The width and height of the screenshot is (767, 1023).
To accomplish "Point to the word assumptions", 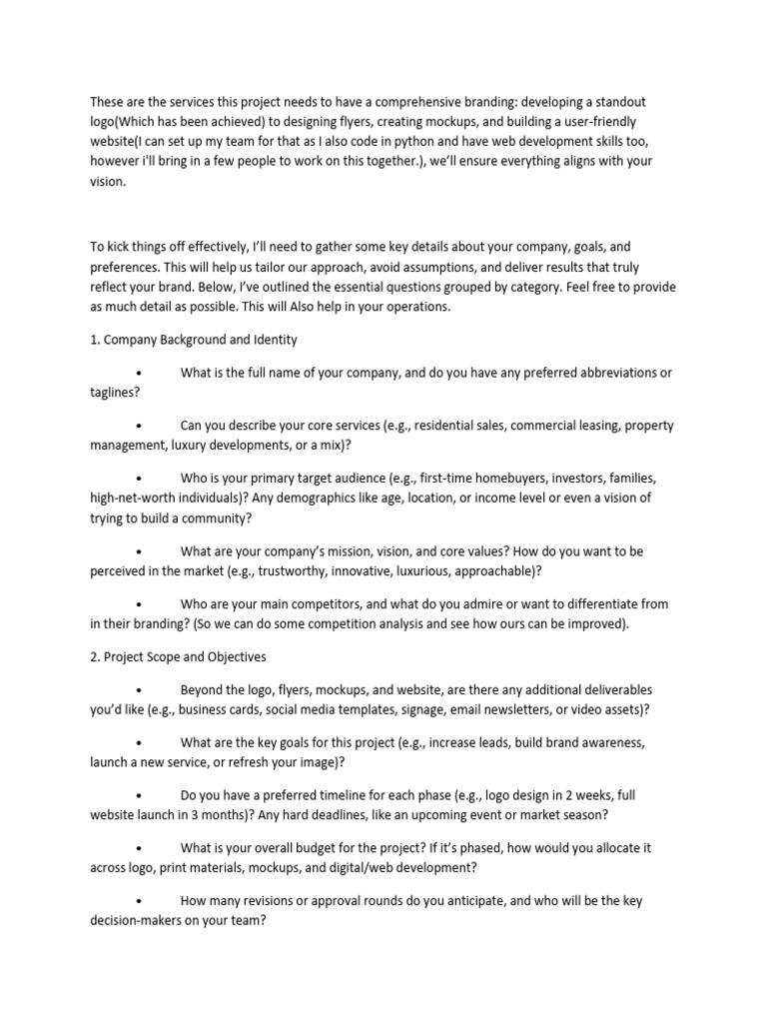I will [460, 267].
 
